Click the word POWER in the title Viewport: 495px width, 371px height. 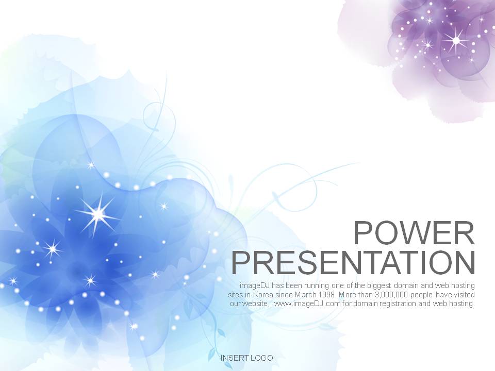coord(414,233)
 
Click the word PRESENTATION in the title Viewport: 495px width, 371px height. coord(353,263)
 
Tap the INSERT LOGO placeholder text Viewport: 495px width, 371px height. coord(246,358)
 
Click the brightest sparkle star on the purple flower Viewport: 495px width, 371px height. coord(456,40)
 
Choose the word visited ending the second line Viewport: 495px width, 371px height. coord(464,295)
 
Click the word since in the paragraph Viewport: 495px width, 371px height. coord(285,295)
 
